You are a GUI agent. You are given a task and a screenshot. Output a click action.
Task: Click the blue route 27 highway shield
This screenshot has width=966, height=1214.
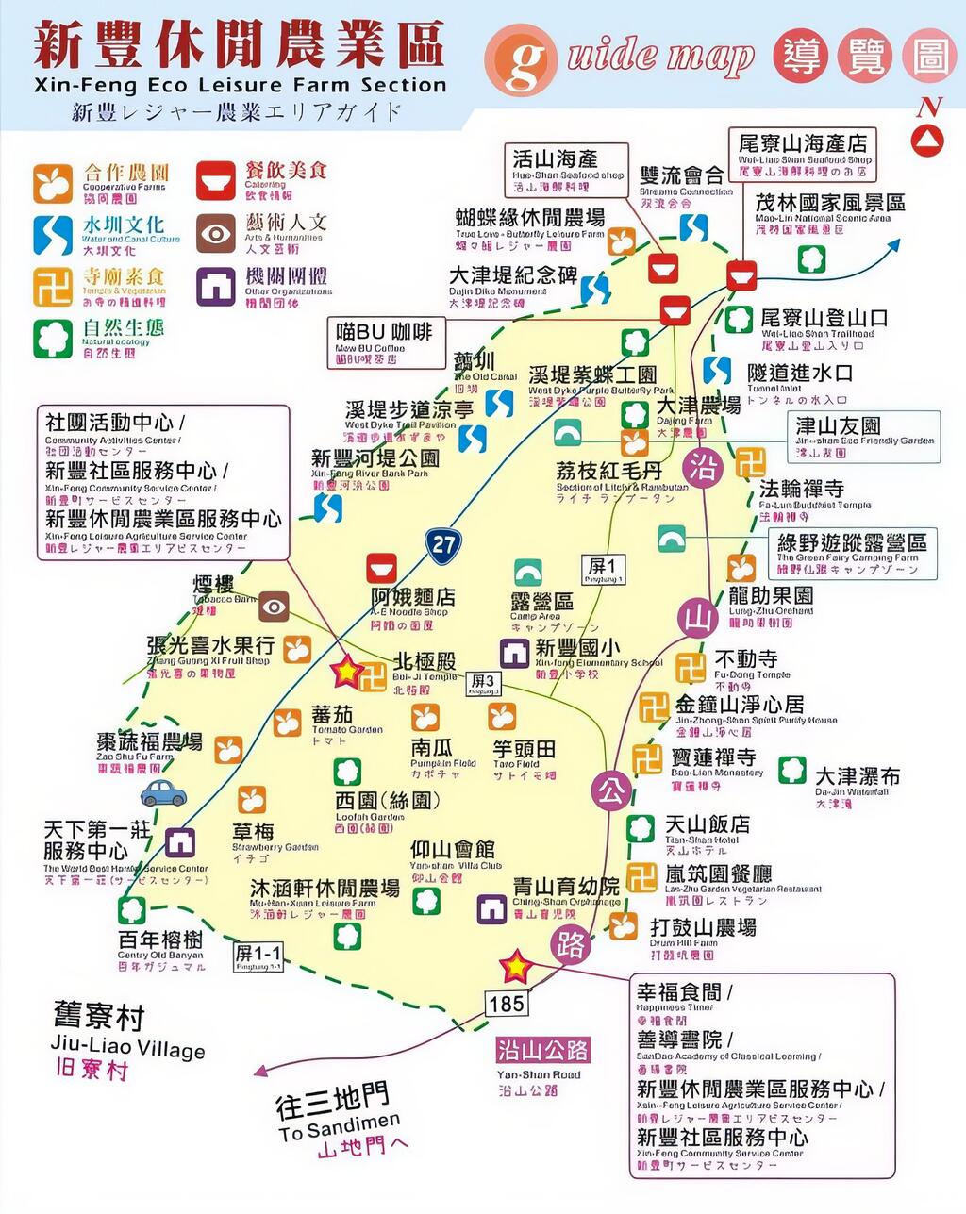tap(443, 542)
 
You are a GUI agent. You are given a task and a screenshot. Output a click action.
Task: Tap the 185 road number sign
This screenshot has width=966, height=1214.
tap(506, 1003)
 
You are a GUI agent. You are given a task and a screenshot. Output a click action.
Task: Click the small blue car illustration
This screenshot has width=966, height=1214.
tap(162, 790)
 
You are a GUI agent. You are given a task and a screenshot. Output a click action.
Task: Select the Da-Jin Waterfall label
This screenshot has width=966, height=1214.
tap(857, 783)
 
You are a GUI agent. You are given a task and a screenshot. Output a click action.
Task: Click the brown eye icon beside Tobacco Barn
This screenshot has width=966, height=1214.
tap(274, 607)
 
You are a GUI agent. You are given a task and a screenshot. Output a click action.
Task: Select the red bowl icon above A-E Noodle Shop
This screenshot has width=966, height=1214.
tap(382, 570)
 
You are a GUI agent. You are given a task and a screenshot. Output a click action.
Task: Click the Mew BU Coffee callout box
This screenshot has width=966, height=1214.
tap(387, 342)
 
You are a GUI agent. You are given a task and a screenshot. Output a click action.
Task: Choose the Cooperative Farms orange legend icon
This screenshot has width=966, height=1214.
tap(53, 183)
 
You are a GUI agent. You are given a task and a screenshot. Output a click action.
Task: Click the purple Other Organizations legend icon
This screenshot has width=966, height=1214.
tap(216, 287)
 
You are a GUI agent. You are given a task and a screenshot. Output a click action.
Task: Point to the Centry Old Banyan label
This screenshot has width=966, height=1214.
tap(159, 946)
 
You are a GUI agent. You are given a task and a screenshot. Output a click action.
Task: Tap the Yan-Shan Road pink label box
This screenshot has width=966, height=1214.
tap(542, 1050)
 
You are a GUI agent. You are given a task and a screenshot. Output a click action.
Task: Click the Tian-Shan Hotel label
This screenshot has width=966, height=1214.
tap(708, 830)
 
